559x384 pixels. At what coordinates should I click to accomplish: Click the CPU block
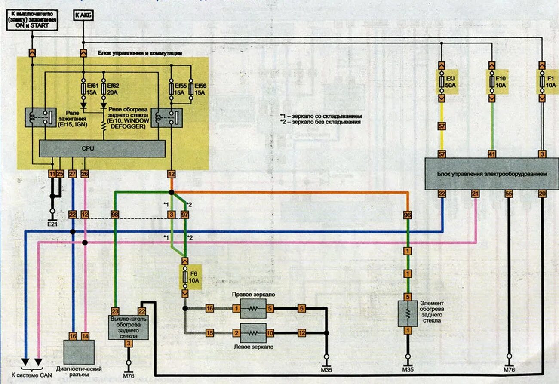click(102, 148)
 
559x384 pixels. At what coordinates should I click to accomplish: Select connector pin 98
click(115, 215)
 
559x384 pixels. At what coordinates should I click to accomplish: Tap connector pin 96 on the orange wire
click(407, 215)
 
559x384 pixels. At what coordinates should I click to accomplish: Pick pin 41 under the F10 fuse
click(492, 154)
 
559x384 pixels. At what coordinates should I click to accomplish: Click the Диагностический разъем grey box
click(79, 352)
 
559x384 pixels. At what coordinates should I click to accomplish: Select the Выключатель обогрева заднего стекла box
click(128, 327)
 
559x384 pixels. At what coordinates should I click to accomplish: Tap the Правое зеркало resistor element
click(253, 309)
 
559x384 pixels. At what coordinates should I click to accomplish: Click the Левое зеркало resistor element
click(253, 332)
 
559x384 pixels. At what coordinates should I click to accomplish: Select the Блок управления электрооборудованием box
click(491, 174)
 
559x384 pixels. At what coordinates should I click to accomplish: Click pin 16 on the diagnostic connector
click(73, 335)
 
